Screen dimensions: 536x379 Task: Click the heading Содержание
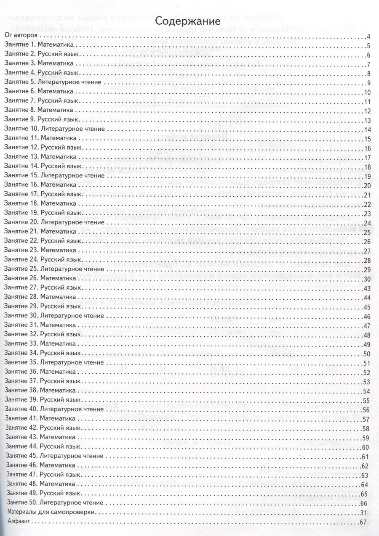coord(189,21)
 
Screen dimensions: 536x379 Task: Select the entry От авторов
coord(20,36)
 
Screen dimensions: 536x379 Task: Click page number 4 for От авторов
coord(368,37)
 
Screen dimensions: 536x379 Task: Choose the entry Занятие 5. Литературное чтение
coord(53,82)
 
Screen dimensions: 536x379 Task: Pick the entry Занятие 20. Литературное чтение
coord(55,222)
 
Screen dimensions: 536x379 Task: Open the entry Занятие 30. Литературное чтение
coord(55,316)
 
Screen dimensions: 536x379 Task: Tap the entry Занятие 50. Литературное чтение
coord(55,502)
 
